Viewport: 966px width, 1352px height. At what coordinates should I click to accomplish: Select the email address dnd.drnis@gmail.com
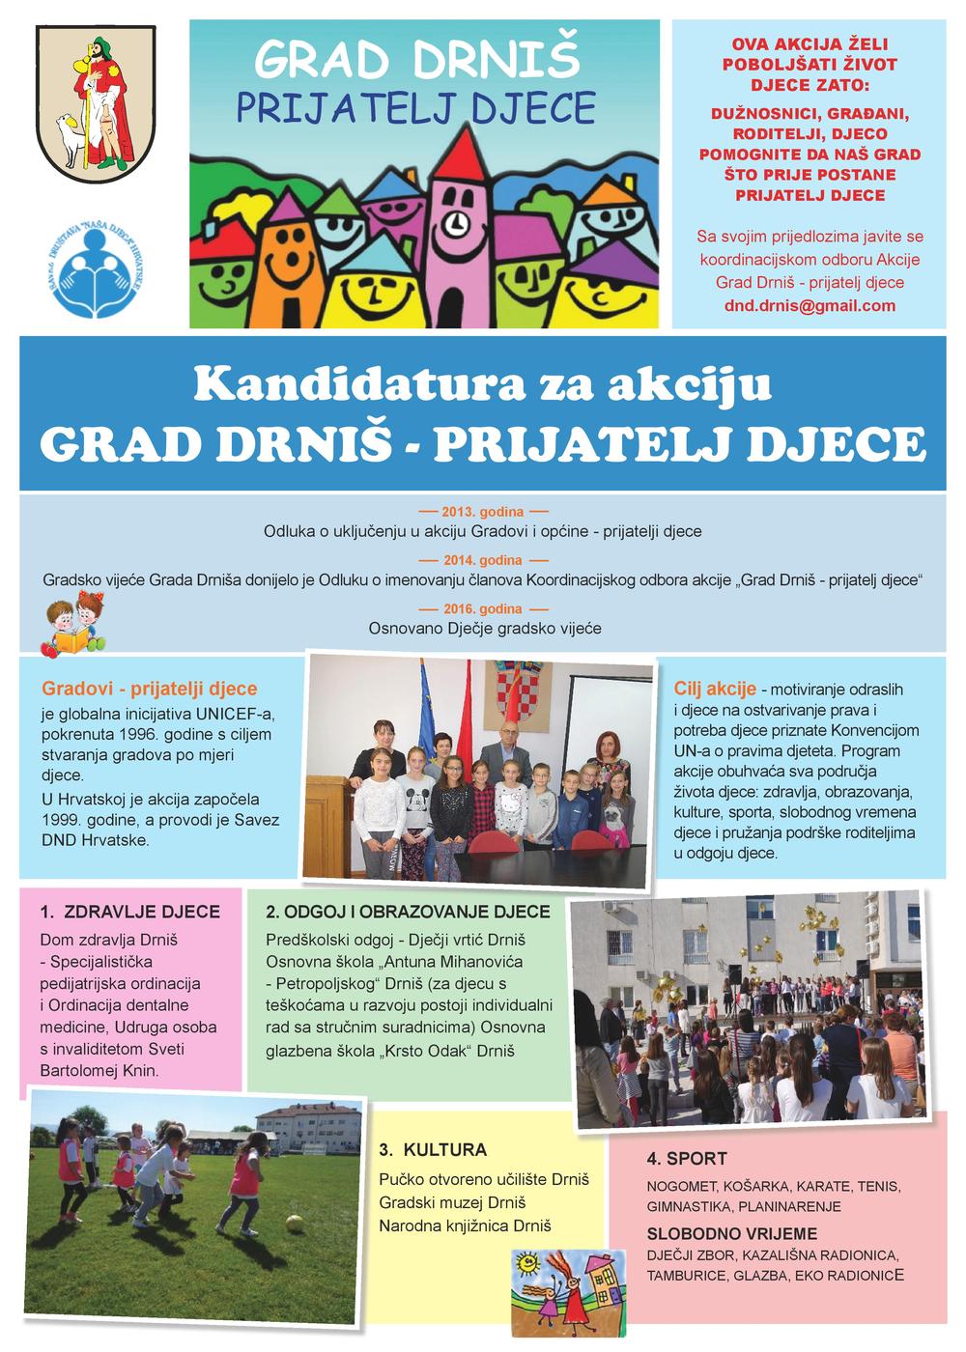810,305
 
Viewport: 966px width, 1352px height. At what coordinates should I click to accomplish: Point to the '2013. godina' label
483,511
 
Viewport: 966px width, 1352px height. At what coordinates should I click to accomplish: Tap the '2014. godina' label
483,560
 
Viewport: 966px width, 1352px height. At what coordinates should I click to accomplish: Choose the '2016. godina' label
483,609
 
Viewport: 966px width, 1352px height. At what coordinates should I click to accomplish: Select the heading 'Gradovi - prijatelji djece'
150,689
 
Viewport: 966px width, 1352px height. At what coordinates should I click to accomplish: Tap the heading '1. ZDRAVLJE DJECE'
130,912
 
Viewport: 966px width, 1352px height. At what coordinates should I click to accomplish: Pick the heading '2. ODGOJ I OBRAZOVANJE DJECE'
408,912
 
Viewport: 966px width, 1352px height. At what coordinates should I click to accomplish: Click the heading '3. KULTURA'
433,1150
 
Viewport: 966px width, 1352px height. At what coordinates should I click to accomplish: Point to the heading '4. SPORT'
687,1159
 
